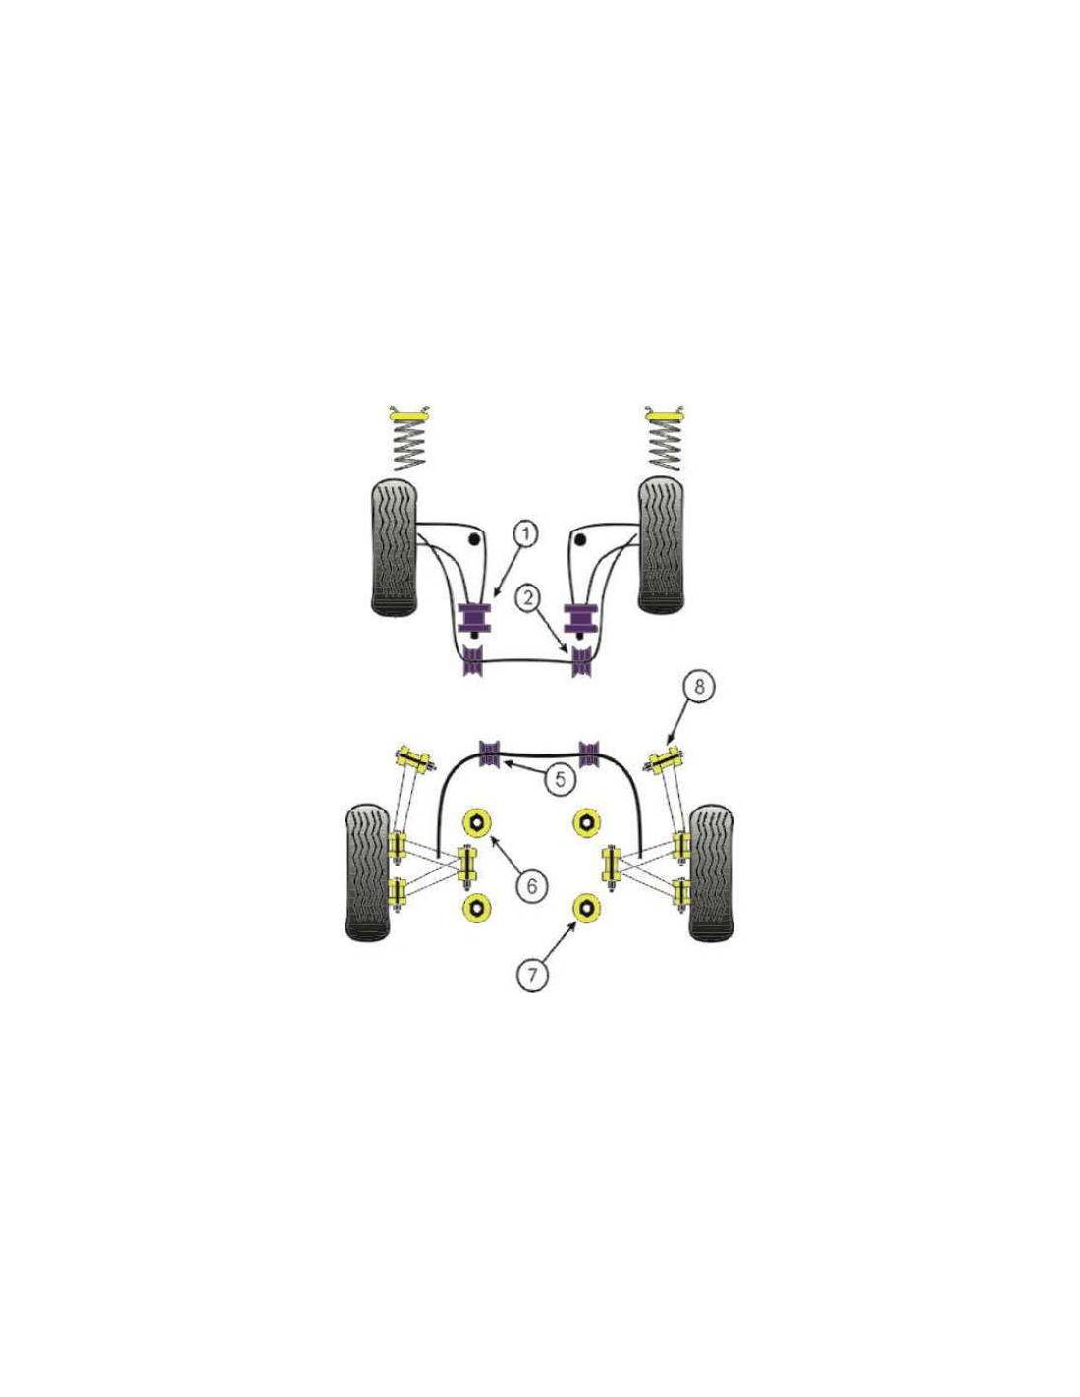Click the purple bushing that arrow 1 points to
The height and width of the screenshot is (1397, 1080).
coord(473,618)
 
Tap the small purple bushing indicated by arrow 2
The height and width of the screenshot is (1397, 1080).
coord(582,662)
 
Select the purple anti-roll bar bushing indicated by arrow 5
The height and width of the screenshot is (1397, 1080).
coord(491,754)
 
